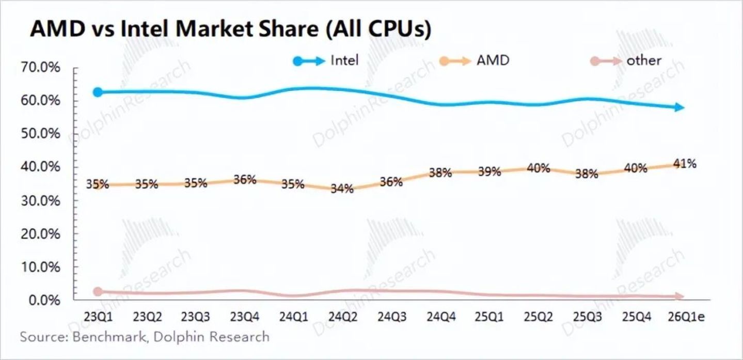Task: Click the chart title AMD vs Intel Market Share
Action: [174, 29]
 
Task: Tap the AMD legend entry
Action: [474, 61]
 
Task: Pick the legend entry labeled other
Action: [626, 61]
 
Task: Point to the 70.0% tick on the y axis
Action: [40, 68]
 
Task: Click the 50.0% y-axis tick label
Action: [40, 134]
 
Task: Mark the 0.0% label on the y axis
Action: [44, 301]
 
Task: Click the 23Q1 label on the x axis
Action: [98, 317]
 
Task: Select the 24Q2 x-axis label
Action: [343, 317]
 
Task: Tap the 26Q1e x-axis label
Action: [686, 317]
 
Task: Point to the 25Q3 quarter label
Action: [587, 317]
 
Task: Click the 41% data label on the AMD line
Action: [685, 164]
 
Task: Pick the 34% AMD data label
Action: [342, 189]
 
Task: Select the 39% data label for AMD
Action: [489, 171]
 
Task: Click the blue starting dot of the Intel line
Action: [98, 92]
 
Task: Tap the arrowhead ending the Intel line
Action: [679, 107]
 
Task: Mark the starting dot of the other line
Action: [98, 292]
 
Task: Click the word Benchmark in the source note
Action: [109, 337]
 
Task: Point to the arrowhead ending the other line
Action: [679, 296]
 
